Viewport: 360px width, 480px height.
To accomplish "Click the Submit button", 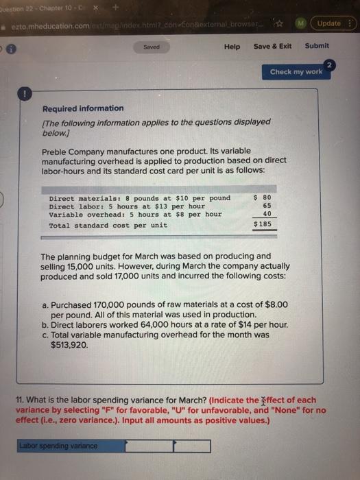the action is point(317,46).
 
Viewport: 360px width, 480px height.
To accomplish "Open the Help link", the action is point(232,46).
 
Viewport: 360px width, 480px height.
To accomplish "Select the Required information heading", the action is point(83,108).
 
